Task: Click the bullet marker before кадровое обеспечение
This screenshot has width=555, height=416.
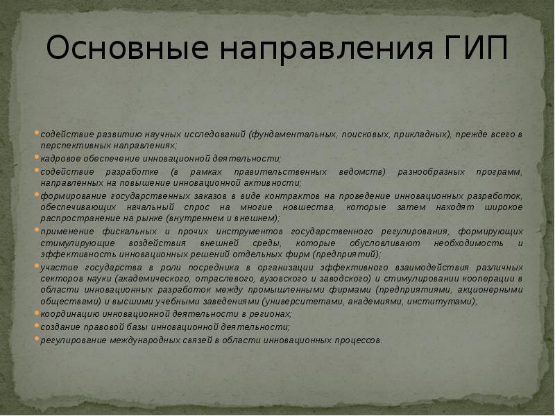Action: tap(37, 158)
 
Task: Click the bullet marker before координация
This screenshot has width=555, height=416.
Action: tap(37, 314)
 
